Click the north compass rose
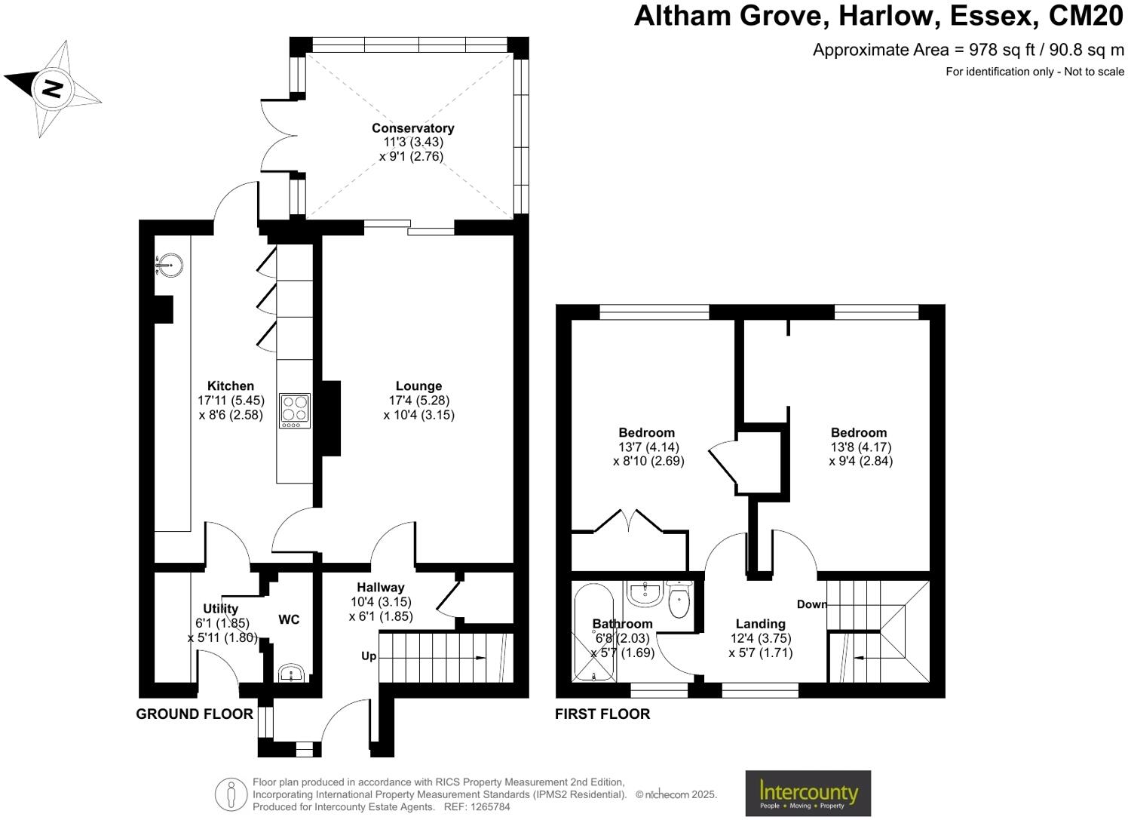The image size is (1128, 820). tap(53, 88)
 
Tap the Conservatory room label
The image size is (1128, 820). tap(412, 128)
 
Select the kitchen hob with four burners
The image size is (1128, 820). tap(295, 410)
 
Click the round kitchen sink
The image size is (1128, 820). tap(170, 264)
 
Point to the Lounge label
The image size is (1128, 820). tap(418, 386)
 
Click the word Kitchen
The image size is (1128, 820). tap(231, 386)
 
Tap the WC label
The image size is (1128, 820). tap(289, 619)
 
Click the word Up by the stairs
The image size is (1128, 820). tap(369, 656)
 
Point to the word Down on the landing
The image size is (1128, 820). tap(812, 604)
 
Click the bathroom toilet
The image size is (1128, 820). tap(679, 601)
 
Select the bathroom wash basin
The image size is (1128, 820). tap(645, 594)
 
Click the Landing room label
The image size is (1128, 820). tap(760, 624)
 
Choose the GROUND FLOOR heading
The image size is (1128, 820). tap(195, 714)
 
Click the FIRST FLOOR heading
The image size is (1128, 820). tap(602, 714)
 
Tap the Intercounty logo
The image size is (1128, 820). tap(808, 793)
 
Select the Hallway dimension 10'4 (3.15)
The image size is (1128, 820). tap(381, 602)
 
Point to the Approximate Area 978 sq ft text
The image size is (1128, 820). tap(968, 50)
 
